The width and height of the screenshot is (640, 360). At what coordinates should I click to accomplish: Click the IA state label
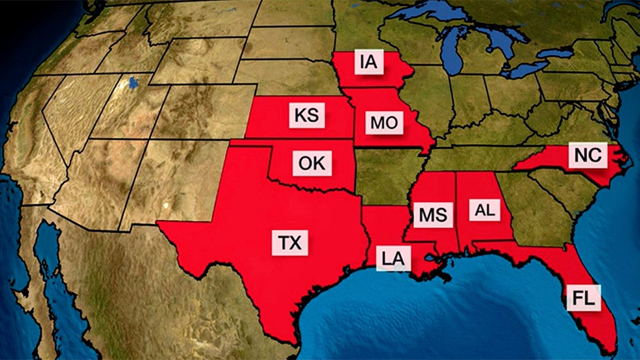point(367,63)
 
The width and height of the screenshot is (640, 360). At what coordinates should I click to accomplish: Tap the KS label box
point(306,116)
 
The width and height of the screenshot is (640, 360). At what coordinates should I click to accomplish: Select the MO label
point(383,122)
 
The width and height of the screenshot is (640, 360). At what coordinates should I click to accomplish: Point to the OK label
point(312,162)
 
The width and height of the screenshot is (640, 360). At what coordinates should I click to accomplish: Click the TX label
point(290,244)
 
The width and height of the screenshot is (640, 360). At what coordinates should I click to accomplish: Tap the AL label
point(485,210)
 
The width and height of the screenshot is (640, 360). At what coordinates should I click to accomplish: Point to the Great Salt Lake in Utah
point(135,83)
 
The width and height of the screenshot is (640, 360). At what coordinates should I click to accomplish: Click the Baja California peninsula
point(39,261)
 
